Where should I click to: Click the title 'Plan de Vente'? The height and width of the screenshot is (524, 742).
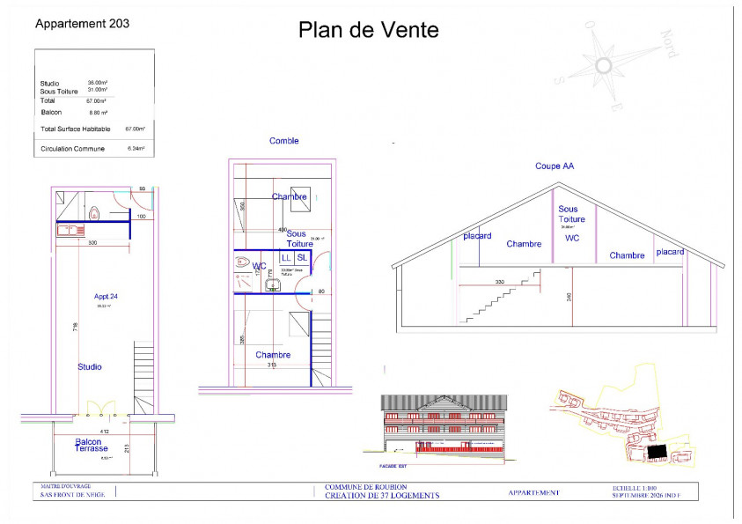point(368,31)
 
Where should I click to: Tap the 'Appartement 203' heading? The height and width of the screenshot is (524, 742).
point(82,25)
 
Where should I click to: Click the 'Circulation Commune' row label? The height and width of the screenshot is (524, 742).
point(72,149)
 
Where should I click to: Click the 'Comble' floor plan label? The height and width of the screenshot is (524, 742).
point(283,141)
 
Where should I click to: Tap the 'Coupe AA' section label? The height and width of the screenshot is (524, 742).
point(555,166)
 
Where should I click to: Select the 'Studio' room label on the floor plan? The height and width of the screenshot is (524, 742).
point(89,366)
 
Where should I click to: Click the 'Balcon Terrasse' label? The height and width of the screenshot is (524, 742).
point(92,445)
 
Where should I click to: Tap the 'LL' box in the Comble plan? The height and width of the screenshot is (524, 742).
point(285,257)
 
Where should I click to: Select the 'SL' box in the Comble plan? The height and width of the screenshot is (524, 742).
point(302,257)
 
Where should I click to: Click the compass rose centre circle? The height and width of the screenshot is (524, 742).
point(604,65)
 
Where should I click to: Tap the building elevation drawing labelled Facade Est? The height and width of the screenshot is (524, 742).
point(444,426)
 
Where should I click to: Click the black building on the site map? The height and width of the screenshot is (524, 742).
point(656,451)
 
